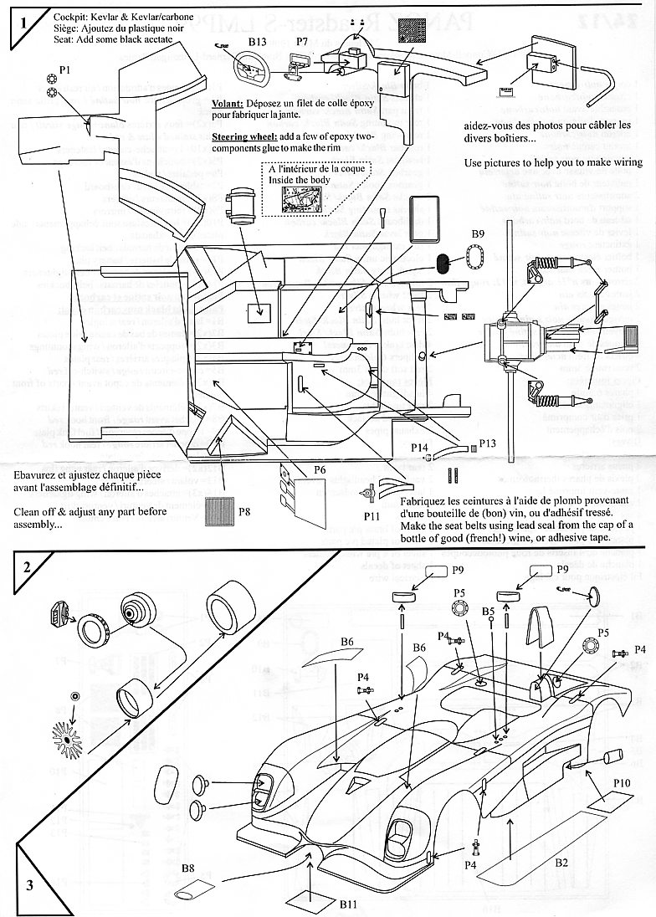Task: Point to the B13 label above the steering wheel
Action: [257, 39]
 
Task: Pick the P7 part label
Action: [302, 39]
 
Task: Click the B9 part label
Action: [478, 233]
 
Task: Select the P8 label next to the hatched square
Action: [244, 510]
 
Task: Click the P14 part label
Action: [420, 448]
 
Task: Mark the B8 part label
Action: [189, 871]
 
